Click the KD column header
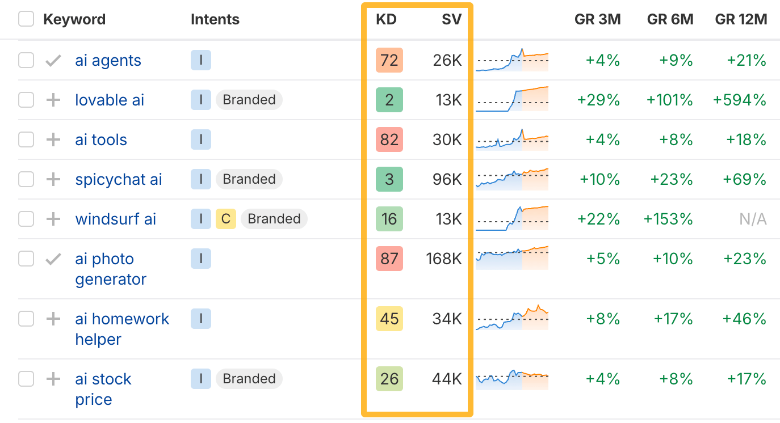point(386,19)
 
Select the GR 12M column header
point(741,19)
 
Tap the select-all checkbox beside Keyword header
point(26,19)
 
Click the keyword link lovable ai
point(110,100)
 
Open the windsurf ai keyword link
point(115,219)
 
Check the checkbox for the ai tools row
point(26,139)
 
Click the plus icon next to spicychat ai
point(53,180)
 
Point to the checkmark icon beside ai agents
point(53,61)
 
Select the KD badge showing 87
point(389,259)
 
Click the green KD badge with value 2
point(389,100)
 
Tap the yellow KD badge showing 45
point(389,319)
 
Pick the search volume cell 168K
point(444,259)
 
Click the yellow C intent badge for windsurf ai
point(225,219)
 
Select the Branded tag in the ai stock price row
point(249,379)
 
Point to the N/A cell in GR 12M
point(753,219)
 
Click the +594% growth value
point(740,100)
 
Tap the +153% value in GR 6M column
point(668,219)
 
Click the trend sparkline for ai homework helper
point(512,318)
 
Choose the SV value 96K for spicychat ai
point(447,180)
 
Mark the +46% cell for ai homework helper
point(744,319)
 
